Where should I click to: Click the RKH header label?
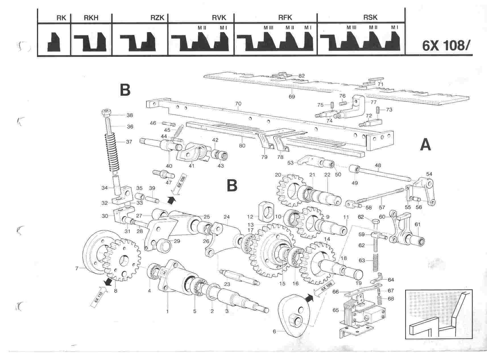[91, 18]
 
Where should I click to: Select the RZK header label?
[157, 18]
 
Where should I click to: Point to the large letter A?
[425, 145]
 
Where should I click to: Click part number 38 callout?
[130, 115]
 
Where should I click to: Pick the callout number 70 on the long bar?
[238, 104]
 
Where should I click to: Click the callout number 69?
[292, 96]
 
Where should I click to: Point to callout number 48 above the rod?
[378, 165]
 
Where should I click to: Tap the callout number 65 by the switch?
[335, 310]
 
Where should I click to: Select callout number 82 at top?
[301, 76]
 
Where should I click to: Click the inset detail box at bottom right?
[439, 314]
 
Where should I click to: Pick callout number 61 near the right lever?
[417, 224]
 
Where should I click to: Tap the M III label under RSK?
[351, 28]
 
